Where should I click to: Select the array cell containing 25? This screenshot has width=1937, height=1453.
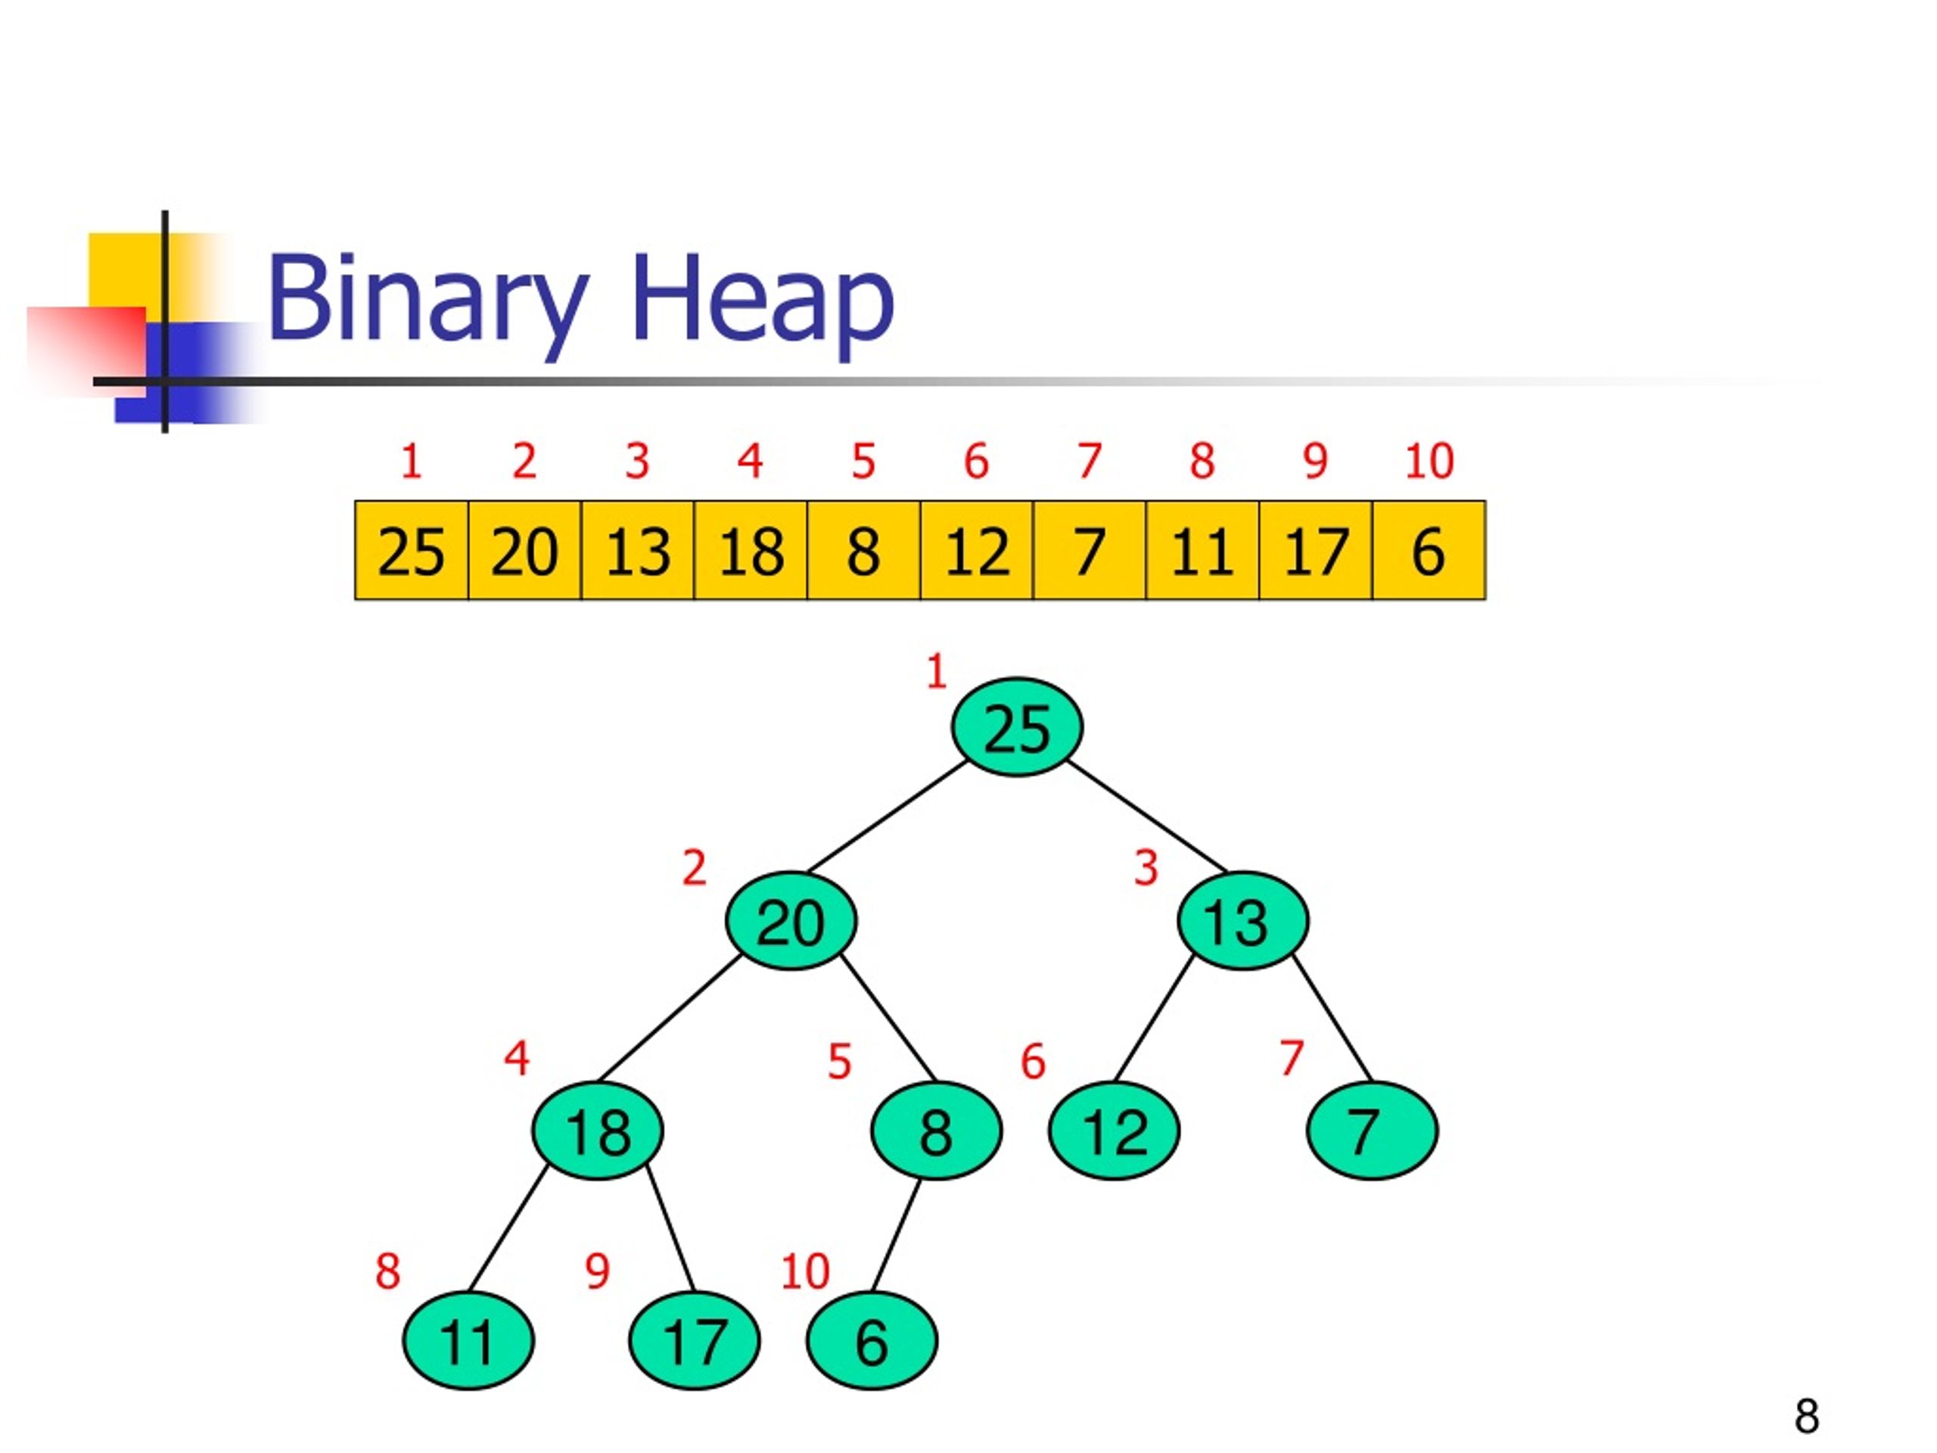pos(411,551)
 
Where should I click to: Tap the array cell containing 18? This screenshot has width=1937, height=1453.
pos(751,551)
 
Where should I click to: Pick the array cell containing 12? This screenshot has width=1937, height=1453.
pos(976,551)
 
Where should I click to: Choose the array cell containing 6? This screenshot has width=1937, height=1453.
pos(1429,551)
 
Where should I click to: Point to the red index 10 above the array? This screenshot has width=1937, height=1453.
pos(1429,461)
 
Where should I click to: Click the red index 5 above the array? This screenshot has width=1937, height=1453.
pos(863,461)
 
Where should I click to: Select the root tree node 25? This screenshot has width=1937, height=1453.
pos(1017,727)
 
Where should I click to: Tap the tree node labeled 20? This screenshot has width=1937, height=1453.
pos(791,920)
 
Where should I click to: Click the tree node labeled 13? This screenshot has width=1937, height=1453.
pos(1242,920)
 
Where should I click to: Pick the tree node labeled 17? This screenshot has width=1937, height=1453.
pos(695,1341)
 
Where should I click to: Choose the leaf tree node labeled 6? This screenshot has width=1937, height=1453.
pos(872,1341)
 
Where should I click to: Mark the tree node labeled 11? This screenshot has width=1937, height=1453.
pos(468,1341)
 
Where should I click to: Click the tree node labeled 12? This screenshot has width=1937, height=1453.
pos(1114,1131)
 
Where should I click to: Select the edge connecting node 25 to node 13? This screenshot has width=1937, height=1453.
pos(1147,817)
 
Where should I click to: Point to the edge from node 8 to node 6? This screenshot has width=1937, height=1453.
pos(897,1236)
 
